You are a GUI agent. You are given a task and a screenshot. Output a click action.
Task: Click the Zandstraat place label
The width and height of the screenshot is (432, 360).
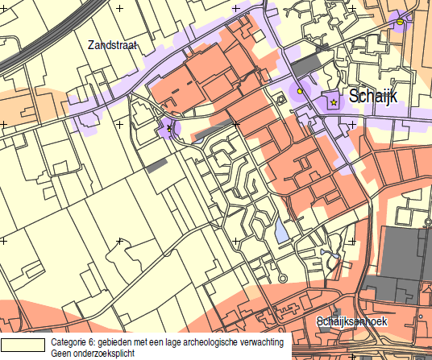[x=113, y=47]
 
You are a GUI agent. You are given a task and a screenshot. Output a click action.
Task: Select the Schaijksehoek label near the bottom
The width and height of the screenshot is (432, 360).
[x=353, y=321]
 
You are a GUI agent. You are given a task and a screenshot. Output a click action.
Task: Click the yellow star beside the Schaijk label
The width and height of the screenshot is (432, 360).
[x=334, y=102]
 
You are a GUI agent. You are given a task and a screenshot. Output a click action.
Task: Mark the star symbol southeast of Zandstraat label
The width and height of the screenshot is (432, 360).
[x=169, y=128]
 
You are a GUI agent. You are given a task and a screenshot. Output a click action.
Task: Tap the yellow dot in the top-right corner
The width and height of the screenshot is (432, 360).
[x=400, y=22]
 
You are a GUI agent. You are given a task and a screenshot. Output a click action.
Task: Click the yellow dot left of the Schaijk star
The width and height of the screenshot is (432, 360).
[x=300, y=91]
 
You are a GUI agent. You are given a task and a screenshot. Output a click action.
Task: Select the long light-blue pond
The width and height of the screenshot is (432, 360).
[x=280, y=232]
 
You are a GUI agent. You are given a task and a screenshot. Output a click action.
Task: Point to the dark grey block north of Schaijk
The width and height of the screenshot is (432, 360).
[x=305, y=64]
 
